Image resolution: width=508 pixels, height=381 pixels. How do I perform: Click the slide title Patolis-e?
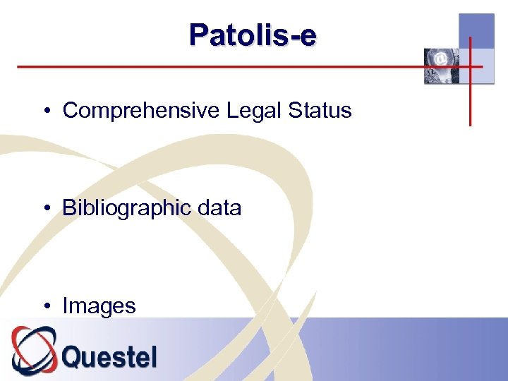[253, 35]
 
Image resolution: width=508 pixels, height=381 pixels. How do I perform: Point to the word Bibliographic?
[126, 208]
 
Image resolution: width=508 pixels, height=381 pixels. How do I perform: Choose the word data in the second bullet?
[219, 208]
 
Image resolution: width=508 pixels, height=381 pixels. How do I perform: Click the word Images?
[99, 306]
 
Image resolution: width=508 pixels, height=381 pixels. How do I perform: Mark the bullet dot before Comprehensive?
[45, 111]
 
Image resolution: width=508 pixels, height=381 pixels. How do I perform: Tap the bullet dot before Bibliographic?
[45, 209]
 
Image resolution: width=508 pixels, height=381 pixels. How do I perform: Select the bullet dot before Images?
[45, 306]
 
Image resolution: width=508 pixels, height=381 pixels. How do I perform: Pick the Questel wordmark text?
[109, 356]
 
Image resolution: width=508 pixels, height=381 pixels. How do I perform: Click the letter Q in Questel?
[74, 356]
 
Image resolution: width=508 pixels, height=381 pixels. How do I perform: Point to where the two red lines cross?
[471, 67]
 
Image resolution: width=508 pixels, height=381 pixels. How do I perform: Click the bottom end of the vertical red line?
[471, 123]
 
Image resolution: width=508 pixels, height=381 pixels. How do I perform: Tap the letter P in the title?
[199, 35]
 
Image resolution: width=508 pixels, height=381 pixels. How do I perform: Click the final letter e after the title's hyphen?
[308, 36]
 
